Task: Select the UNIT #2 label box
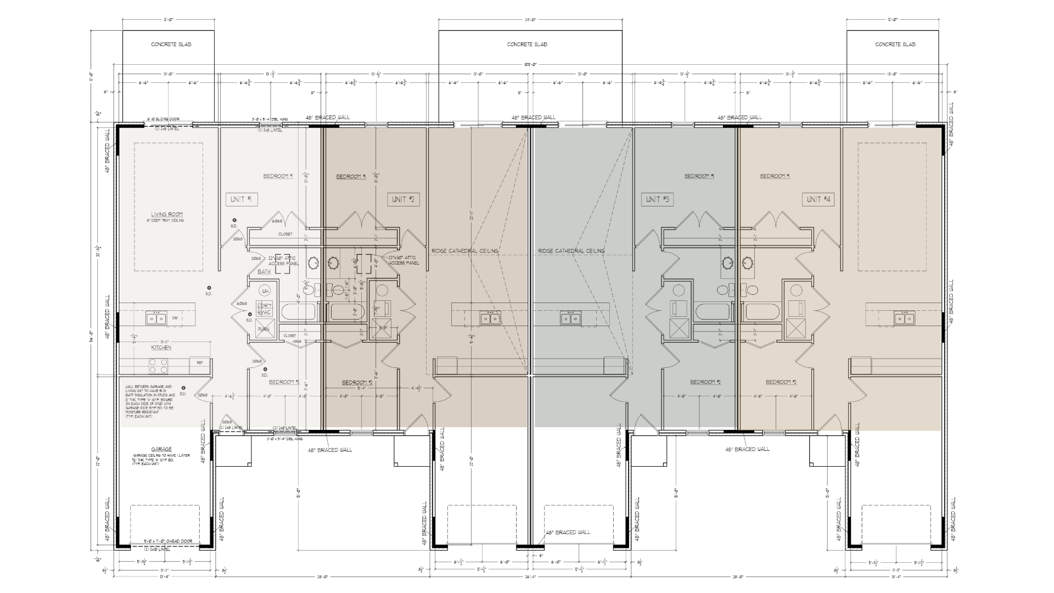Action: coord(403,199)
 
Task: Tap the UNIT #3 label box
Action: coord(657,199)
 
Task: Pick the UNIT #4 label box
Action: coord(818,199)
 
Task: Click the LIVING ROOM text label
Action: coord(167,215)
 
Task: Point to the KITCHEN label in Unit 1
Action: coord(161,348)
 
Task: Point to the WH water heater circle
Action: coord(265,290)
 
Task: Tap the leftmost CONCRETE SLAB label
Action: coord(171,44)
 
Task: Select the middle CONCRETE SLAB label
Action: coord(527,44)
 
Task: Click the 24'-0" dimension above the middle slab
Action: coord(529,20)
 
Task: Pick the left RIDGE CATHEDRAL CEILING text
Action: coord(464,251)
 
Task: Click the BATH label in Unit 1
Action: coord(264,272)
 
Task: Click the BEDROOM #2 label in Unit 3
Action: coord(705,382)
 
